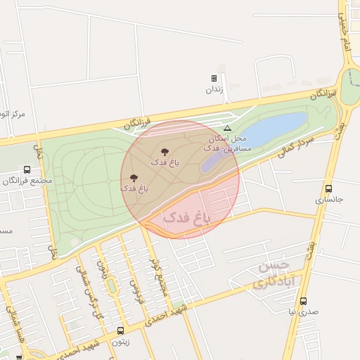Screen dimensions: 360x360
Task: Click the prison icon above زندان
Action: (214, 78)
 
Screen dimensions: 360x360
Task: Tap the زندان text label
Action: (214, 89)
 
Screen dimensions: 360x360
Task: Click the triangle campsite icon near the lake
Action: (227, 128)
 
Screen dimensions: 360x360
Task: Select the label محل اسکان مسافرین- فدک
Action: (224, 143)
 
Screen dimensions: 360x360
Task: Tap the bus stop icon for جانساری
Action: (328, 188)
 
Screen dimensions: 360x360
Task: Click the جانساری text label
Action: (328, 200)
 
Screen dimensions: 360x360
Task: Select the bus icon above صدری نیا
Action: (303, 301)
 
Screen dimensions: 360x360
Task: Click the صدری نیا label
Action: (303, 311)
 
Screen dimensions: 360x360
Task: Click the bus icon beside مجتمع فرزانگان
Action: (27, 169)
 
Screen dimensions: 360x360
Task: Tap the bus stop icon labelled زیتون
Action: (120, 330)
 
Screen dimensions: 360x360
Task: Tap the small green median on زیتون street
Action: (111, 286)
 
